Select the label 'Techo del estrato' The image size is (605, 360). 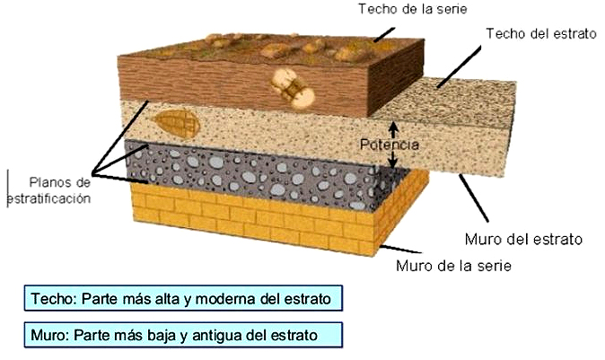(x=540, y=33)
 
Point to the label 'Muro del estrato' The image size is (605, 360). (x=524, y=240)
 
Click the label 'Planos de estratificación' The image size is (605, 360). (x=50, y=190)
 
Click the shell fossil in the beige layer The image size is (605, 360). (x=175, y=122)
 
